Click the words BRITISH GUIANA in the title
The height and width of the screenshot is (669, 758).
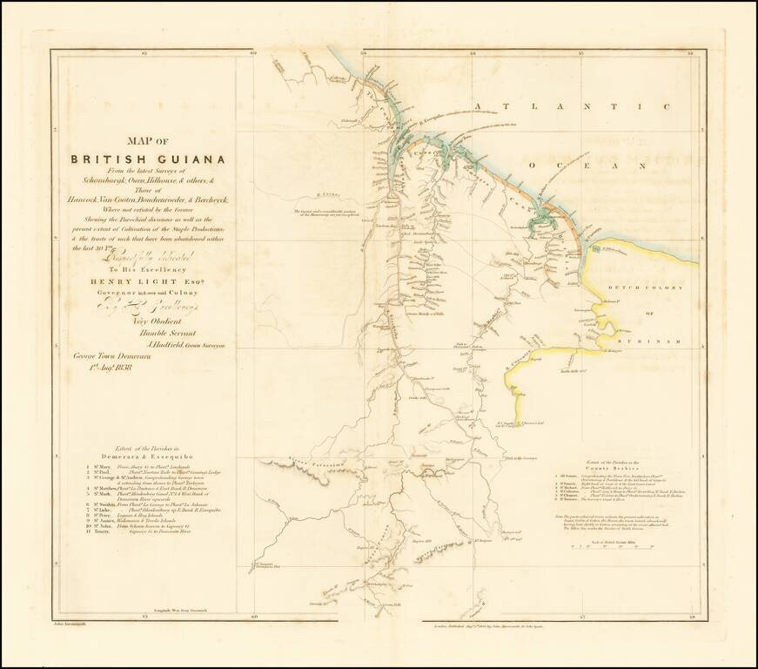148,159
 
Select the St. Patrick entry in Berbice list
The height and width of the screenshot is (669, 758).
570,481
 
